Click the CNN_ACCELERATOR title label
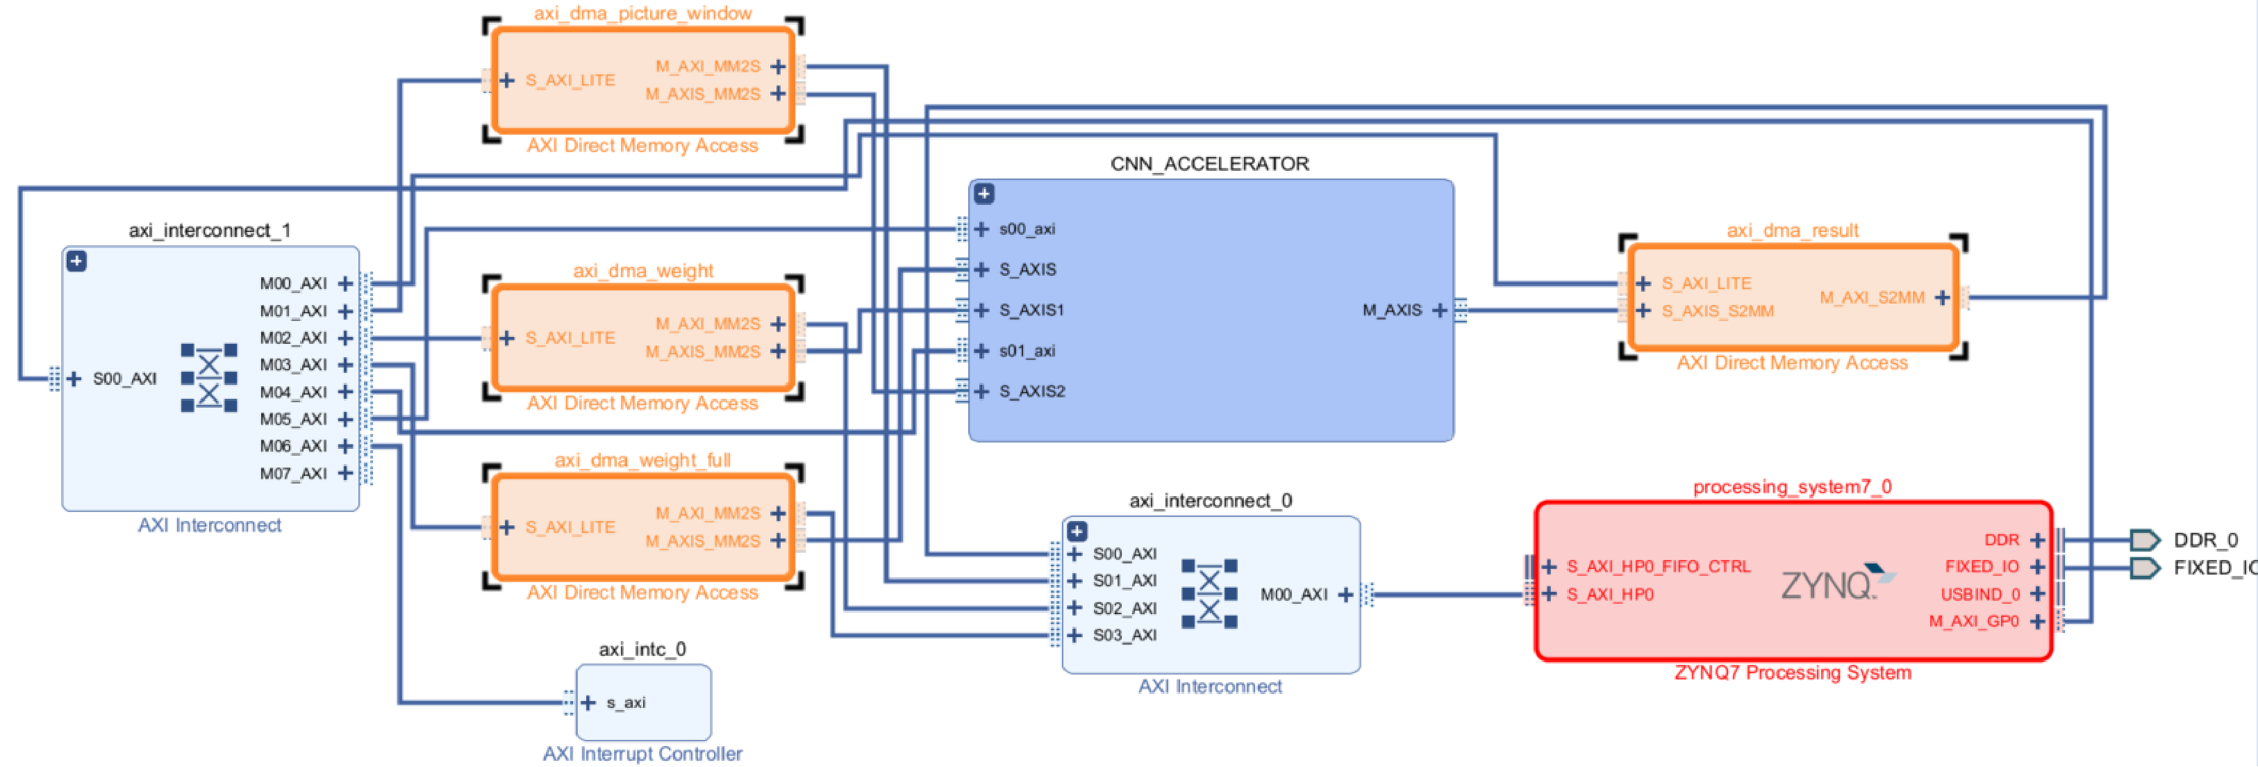[x=1210, y=164]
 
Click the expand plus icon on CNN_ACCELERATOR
[x=983, y=194]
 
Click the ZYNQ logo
[x=1838, y=583]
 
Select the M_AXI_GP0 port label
[x=1973, y=622]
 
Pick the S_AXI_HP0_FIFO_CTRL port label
[x=1659, y=567]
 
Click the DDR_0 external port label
[x=2205, y=540]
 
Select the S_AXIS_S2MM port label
[x=1717, y=311]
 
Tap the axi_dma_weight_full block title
[x=642, y=460]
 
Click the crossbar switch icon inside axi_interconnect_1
[x=208, y=378]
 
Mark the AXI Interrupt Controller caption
[x=642, y=754]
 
